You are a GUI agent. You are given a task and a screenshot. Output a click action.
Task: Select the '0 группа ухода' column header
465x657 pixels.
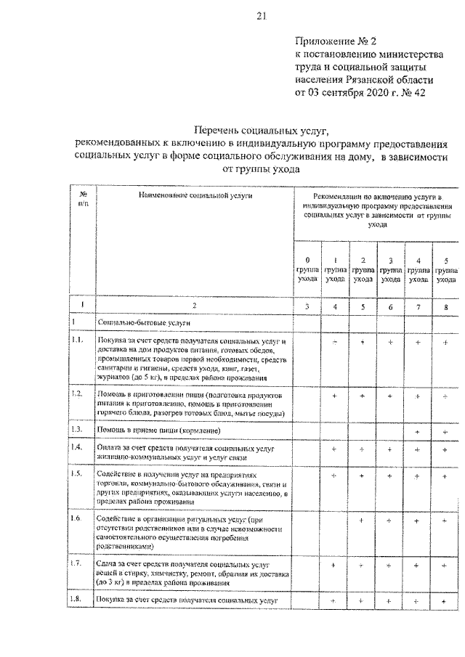click(307, 269)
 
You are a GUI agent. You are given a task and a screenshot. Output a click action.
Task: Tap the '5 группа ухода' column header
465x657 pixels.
click(446, 269)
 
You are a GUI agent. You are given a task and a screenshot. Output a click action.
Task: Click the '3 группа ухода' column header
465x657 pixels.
click(390, 269)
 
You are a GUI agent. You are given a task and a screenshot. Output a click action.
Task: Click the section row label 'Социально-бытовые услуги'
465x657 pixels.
click(139, 321)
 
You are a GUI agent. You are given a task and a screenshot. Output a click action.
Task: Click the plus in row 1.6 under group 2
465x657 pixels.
click(362, 521)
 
